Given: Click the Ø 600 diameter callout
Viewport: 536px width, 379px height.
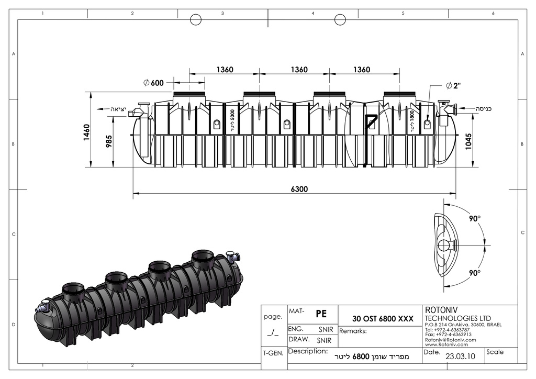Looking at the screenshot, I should click(153, 83).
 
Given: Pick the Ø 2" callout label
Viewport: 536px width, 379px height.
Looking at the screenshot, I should click(453, 86).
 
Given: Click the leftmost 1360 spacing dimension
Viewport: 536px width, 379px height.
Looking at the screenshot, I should click(225, 70).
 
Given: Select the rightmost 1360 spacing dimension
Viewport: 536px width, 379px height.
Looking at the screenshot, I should click(362, 70).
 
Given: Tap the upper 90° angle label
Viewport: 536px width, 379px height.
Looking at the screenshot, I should click(474, 219).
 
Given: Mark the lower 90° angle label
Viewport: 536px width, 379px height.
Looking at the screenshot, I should click(474, 273).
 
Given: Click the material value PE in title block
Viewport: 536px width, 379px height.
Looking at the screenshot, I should click(321, 314).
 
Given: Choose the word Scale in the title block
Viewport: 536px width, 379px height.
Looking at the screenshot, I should click(495, 352).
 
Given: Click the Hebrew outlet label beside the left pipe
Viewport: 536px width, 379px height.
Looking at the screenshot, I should click(118, 109).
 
